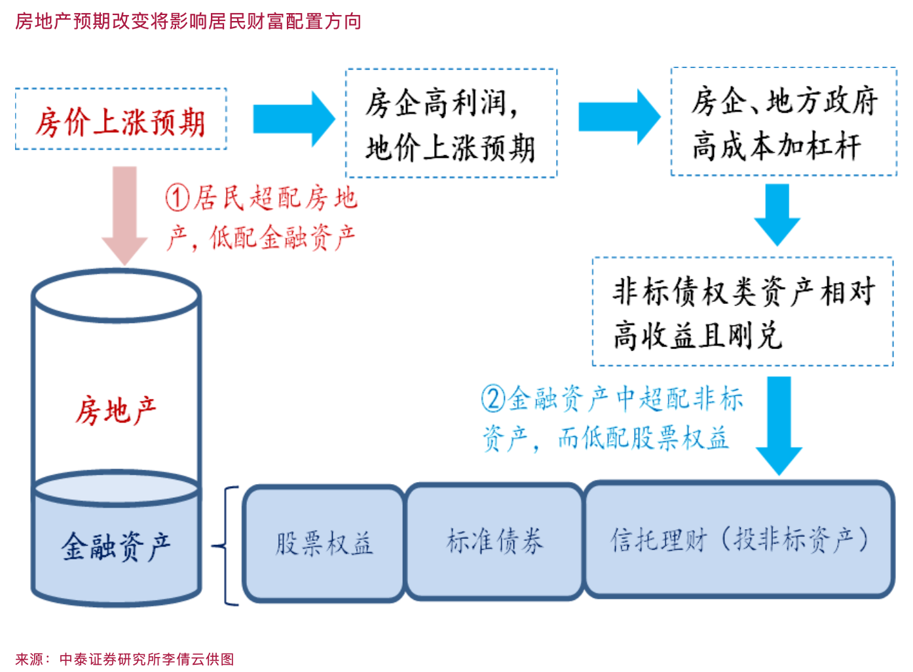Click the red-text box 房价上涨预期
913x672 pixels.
coord(121,120)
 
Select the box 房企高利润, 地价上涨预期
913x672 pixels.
coord(451,123)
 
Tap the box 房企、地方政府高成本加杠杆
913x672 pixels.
coord(784,122)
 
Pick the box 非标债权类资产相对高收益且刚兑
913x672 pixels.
coord(743,312)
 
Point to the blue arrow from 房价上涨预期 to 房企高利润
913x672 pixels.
coord(293,119)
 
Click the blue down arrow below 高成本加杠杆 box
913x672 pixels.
coord(777,214)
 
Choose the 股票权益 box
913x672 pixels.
coord(324,543)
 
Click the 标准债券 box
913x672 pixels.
coord(494,542)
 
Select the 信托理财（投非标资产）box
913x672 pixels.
coord(739,540)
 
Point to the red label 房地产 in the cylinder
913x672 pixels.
coord(116,411)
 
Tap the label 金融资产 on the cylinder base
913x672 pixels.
coord(116,546)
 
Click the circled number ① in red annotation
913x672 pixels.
coord(177,197)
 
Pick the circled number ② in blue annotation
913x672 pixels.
coord(493,398)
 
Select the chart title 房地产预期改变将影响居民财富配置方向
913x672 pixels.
coord(188,22)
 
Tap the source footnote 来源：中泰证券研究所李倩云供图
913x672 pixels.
coord(124,659)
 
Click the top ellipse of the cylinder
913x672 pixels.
coord(117,296)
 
